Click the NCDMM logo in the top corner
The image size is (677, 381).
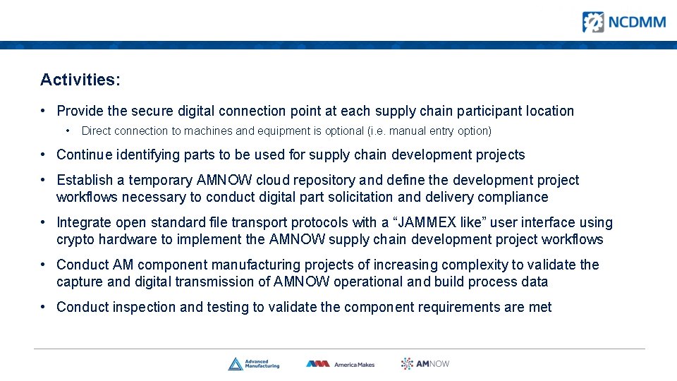pos(623,22)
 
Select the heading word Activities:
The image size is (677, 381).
pos(80,80)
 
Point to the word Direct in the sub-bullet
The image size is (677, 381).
pos(97,131)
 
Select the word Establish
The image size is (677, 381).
pos(83,180)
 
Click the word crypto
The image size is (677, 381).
pos(75,239)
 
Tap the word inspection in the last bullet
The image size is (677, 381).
pos(146,307)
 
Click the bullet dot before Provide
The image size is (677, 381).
pos(44,111)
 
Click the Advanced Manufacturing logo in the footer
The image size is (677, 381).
pos(254,364)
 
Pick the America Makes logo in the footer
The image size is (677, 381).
pos(340,364)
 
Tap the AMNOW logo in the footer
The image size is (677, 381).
pos(425,364)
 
